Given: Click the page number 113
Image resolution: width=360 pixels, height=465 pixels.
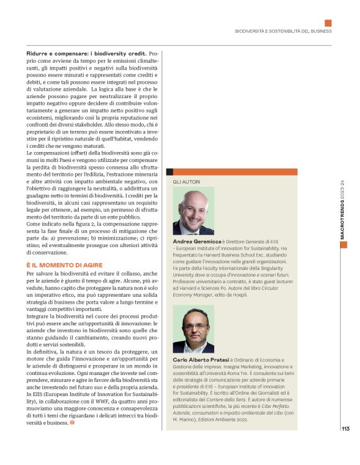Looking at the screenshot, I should pyautogui.click(x=345, y=427).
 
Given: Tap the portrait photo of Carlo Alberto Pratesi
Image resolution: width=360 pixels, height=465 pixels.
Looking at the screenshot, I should pyautogui.click(x=193, y=330).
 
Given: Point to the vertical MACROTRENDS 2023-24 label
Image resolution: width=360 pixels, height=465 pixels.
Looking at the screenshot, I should pyautogui.click(x=343, y=211).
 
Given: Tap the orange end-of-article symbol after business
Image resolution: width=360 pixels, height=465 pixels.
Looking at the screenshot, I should pyautogui.click(x=72, y=423).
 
